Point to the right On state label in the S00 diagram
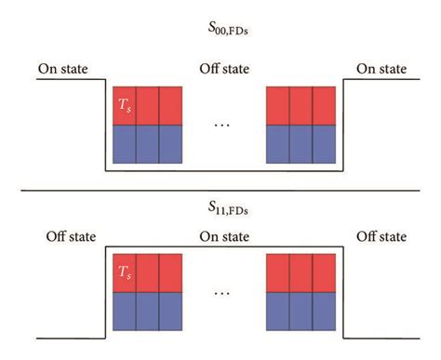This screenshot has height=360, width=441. [381, 69]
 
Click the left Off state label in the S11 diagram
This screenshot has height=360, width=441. [67, 236]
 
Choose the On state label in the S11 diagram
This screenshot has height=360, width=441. [224, 236]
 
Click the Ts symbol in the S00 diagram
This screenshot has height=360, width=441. [123, 105]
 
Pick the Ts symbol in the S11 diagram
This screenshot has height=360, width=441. [123, 273]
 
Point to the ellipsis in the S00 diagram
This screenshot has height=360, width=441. [221, 126]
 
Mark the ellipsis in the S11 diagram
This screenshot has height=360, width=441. [221, 293]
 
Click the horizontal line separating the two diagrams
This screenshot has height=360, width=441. [220, 190]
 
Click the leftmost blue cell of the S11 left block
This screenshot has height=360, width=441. [124, 313]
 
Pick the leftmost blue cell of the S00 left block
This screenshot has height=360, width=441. [124, 145]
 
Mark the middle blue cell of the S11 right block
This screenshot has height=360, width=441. [299, 313]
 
